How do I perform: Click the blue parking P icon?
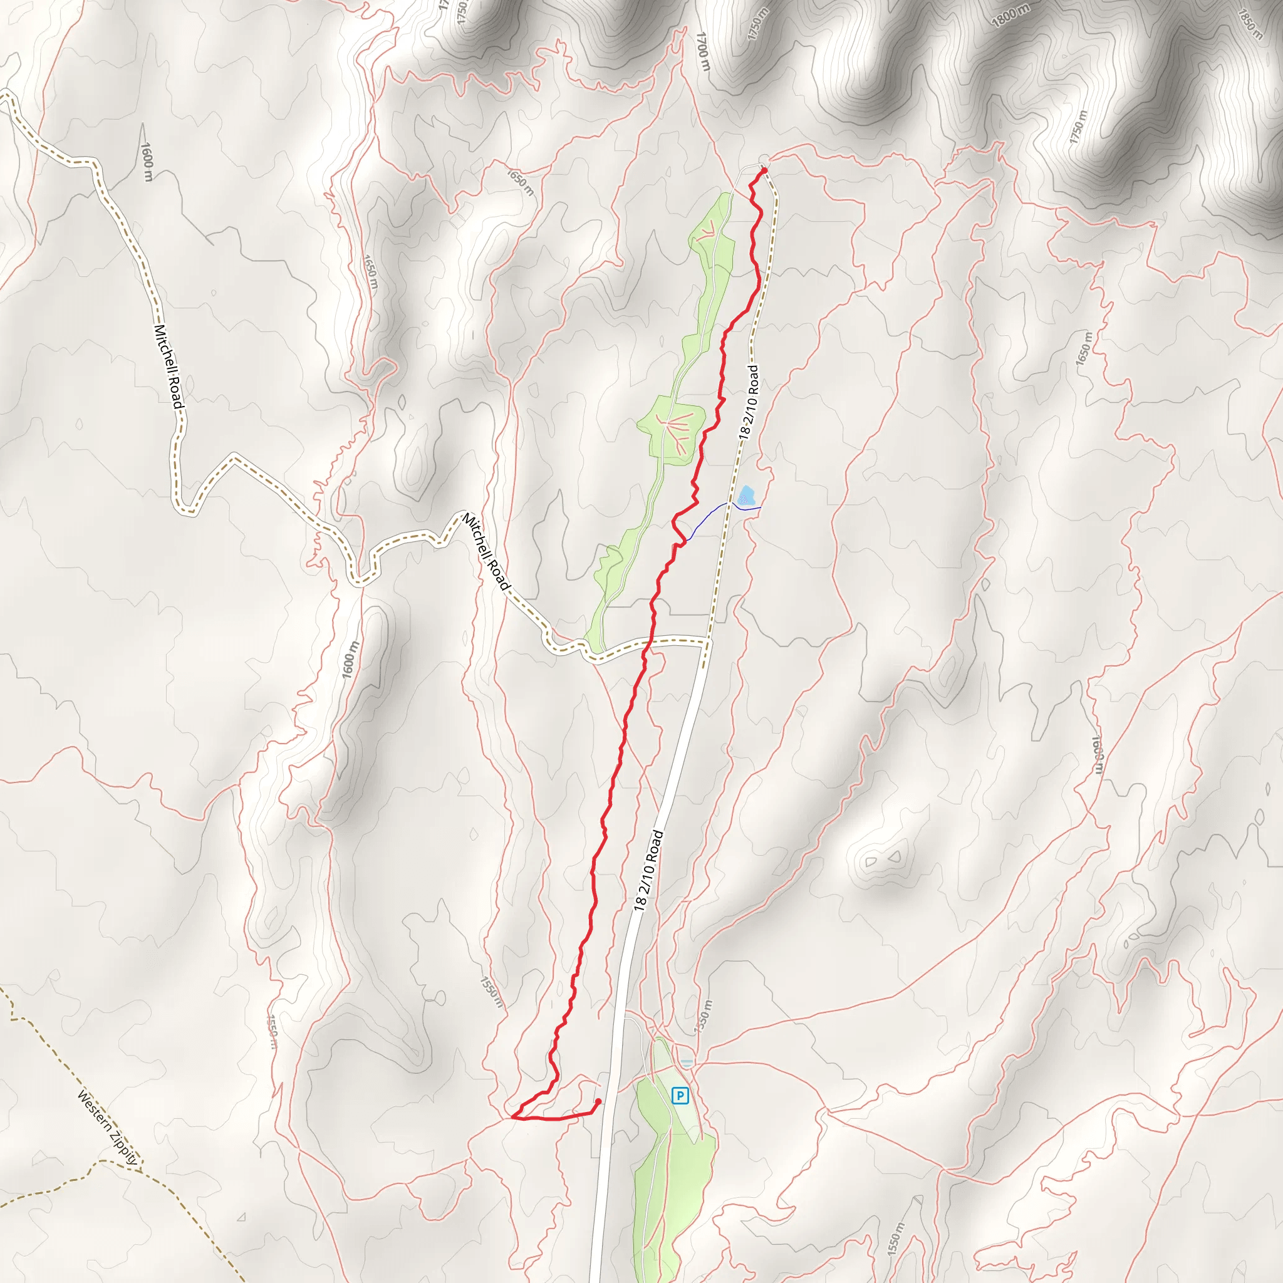(x=680, y=1095)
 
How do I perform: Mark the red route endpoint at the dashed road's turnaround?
(x=764, y=170)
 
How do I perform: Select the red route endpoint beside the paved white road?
(x=598, y=1101)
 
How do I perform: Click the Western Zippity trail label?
(x=108, y=1128)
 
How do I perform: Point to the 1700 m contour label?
(x=703, y=51)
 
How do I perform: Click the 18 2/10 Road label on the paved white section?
(x=648, y=871)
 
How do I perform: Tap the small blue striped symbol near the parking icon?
(x=687, y=1062)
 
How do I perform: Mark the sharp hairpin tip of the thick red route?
(x=513, y=1118)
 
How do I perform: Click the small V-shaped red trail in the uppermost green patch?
(x=709, y=229)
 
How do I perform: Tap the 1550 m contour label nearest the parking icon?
(x=704, y=1017)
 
